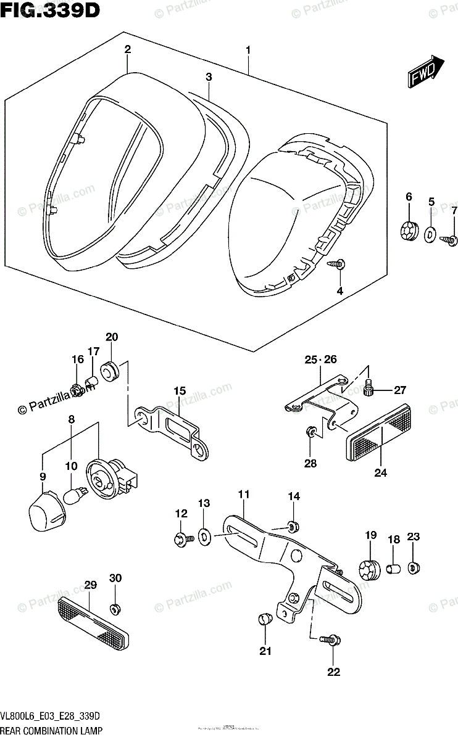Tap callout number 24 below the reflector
click(380, 473)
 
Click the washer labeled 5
click(430, 234)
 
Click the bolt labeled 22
click(331, 641)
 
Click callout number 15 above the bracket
click(179, 390)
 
